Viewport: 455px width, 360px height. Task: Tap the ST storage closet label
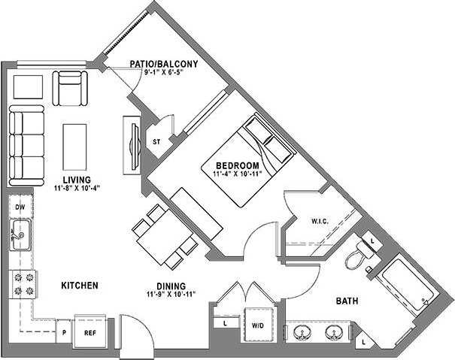[157, 141]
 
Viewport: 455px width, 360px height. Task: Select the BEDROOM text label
[238, 165]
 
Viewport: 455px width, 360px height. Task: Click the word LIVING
[77, 180]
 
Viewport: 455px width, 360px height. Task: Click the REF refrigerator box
[89, 331]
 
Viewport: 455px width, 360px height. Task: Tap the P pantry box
[66, 331]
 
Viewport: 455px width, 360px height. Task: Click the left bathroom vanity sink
[305, 333]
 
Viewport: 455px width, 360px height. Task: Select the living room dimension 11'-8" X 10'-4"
[77, 188]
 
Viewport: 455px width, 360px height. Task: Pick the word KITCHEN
[80, 286]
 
